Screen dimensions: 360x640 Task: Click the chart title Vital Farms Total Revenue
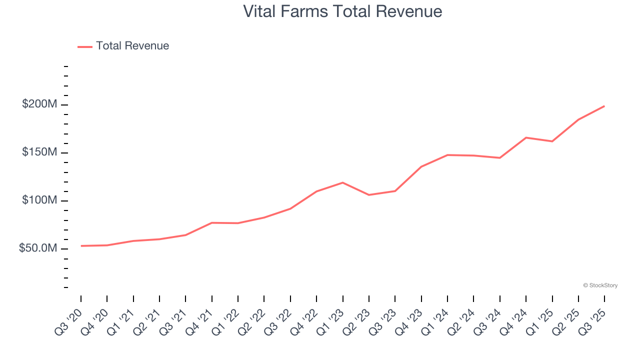342,11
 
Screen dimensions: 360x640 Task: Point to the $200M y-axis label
39,104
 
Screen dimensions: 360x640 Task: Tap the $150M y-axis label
39,152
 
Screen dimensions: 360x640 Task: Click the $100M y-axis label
39,200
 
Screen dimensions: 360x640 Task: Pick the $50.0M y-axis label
38,248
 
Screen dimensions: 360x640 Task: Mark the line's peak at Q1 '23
342,182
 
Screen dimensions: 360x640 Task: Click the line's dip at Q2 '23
369,194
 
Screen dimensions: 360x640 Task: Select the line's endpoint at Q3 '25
604,106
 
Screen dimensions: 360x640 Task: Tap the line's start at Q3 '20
81,246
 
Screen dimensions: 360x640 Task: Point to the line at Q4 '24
526,137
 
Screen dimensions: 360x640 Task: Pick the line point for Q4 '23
421,166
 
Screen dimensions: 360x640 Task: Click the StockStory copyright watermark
600,285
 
